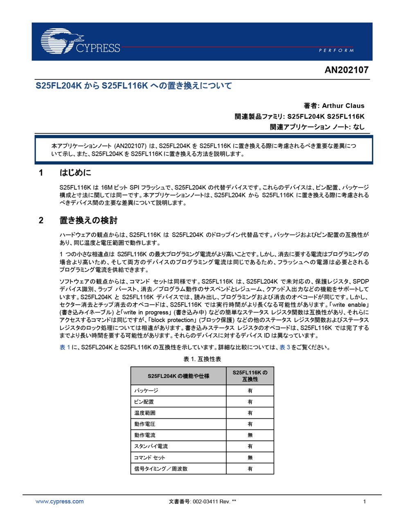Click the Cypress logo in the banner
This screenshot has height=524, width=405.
click(x=80, y=42)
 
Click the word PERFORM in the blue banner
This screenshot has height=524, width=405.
click(x=336, y=50)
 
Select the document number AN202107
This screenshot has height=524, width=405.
click(x=346, y=70)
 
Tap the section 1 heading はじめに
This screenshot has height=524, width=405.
click(x=75, y=173)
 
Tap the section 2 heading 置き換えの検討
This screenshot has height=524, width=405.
click(x=88, y=221)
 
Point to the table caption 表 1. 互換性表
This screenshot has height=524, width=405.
click(x=202, y=359)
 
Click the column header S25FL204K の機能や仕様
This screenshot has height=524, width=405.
click(x=178, y=376)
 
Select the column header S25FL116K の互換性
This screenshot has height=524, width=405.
click(x=250, y=376)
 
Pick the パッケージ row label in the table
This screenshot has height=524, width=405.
click(x=146, y=391)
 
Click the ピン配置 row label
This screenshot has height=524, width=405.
click(x=144, y=402)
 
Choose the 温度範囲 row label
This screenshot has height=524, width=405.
click(x=145, y=413)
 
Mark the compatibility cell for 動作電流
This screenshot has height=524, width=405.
click(x=250, y=435)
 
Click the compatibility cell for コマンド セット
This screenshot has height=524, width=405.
click(x=250, y=458)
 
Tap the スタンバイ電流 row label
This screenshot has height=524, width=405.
click(x=151, y=446)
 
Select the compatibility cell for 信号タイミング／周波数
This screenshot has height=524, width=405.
click(x=250, y=469)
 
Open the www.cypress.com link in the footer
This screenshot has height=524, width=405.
click(x=59, y=501)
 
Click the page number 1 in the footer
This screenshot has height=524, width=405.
click(x=364, y=501)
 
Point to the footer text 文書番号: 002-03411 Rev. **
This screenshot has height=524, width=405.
click(x=202, y=501)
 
